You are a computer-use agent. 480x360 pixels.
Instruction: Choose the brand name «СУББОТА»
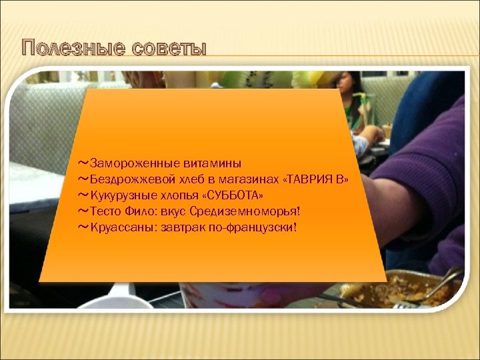click(x=231, y=195)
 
